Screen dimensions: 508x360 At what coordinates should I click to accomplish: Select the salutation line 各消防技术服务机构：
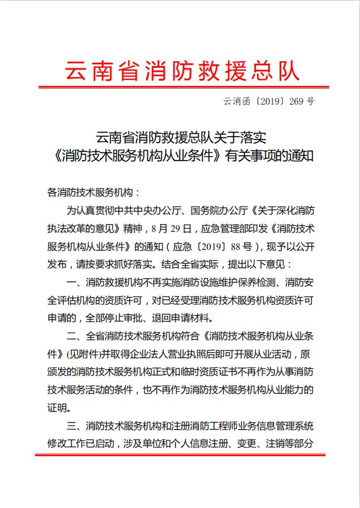tap(93, 192)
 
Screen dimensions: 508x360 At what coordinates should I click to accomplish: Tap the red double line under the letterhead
tap(181, 88)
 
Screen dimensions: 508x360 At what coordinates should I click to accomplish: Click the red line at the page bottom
tap(179, 454)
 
